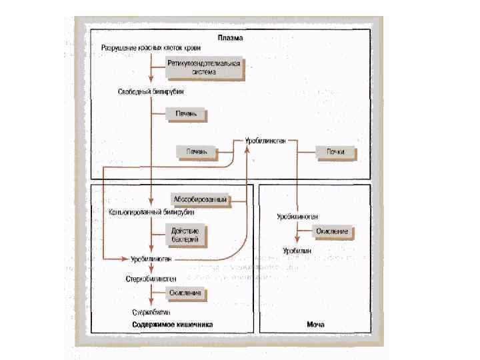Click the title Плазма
229,39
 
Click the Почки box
335,152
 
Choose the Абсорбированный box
201,200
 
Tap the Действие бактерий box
186,235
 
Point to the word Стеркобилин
150,312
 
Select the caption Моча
315,326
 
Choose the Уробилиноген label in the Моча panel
297,217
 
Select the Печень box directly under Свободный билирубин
186,114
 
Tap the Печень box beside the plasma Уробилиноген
197,151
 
